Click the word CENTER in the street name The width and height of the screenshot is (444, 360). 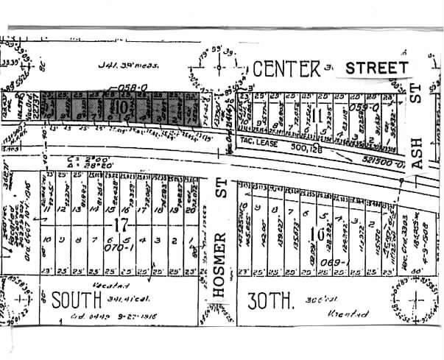pyautogui.click(x=286, y=69)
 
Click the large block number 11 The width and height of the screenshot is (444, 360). pyautogui.click(x=316, y=115)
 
